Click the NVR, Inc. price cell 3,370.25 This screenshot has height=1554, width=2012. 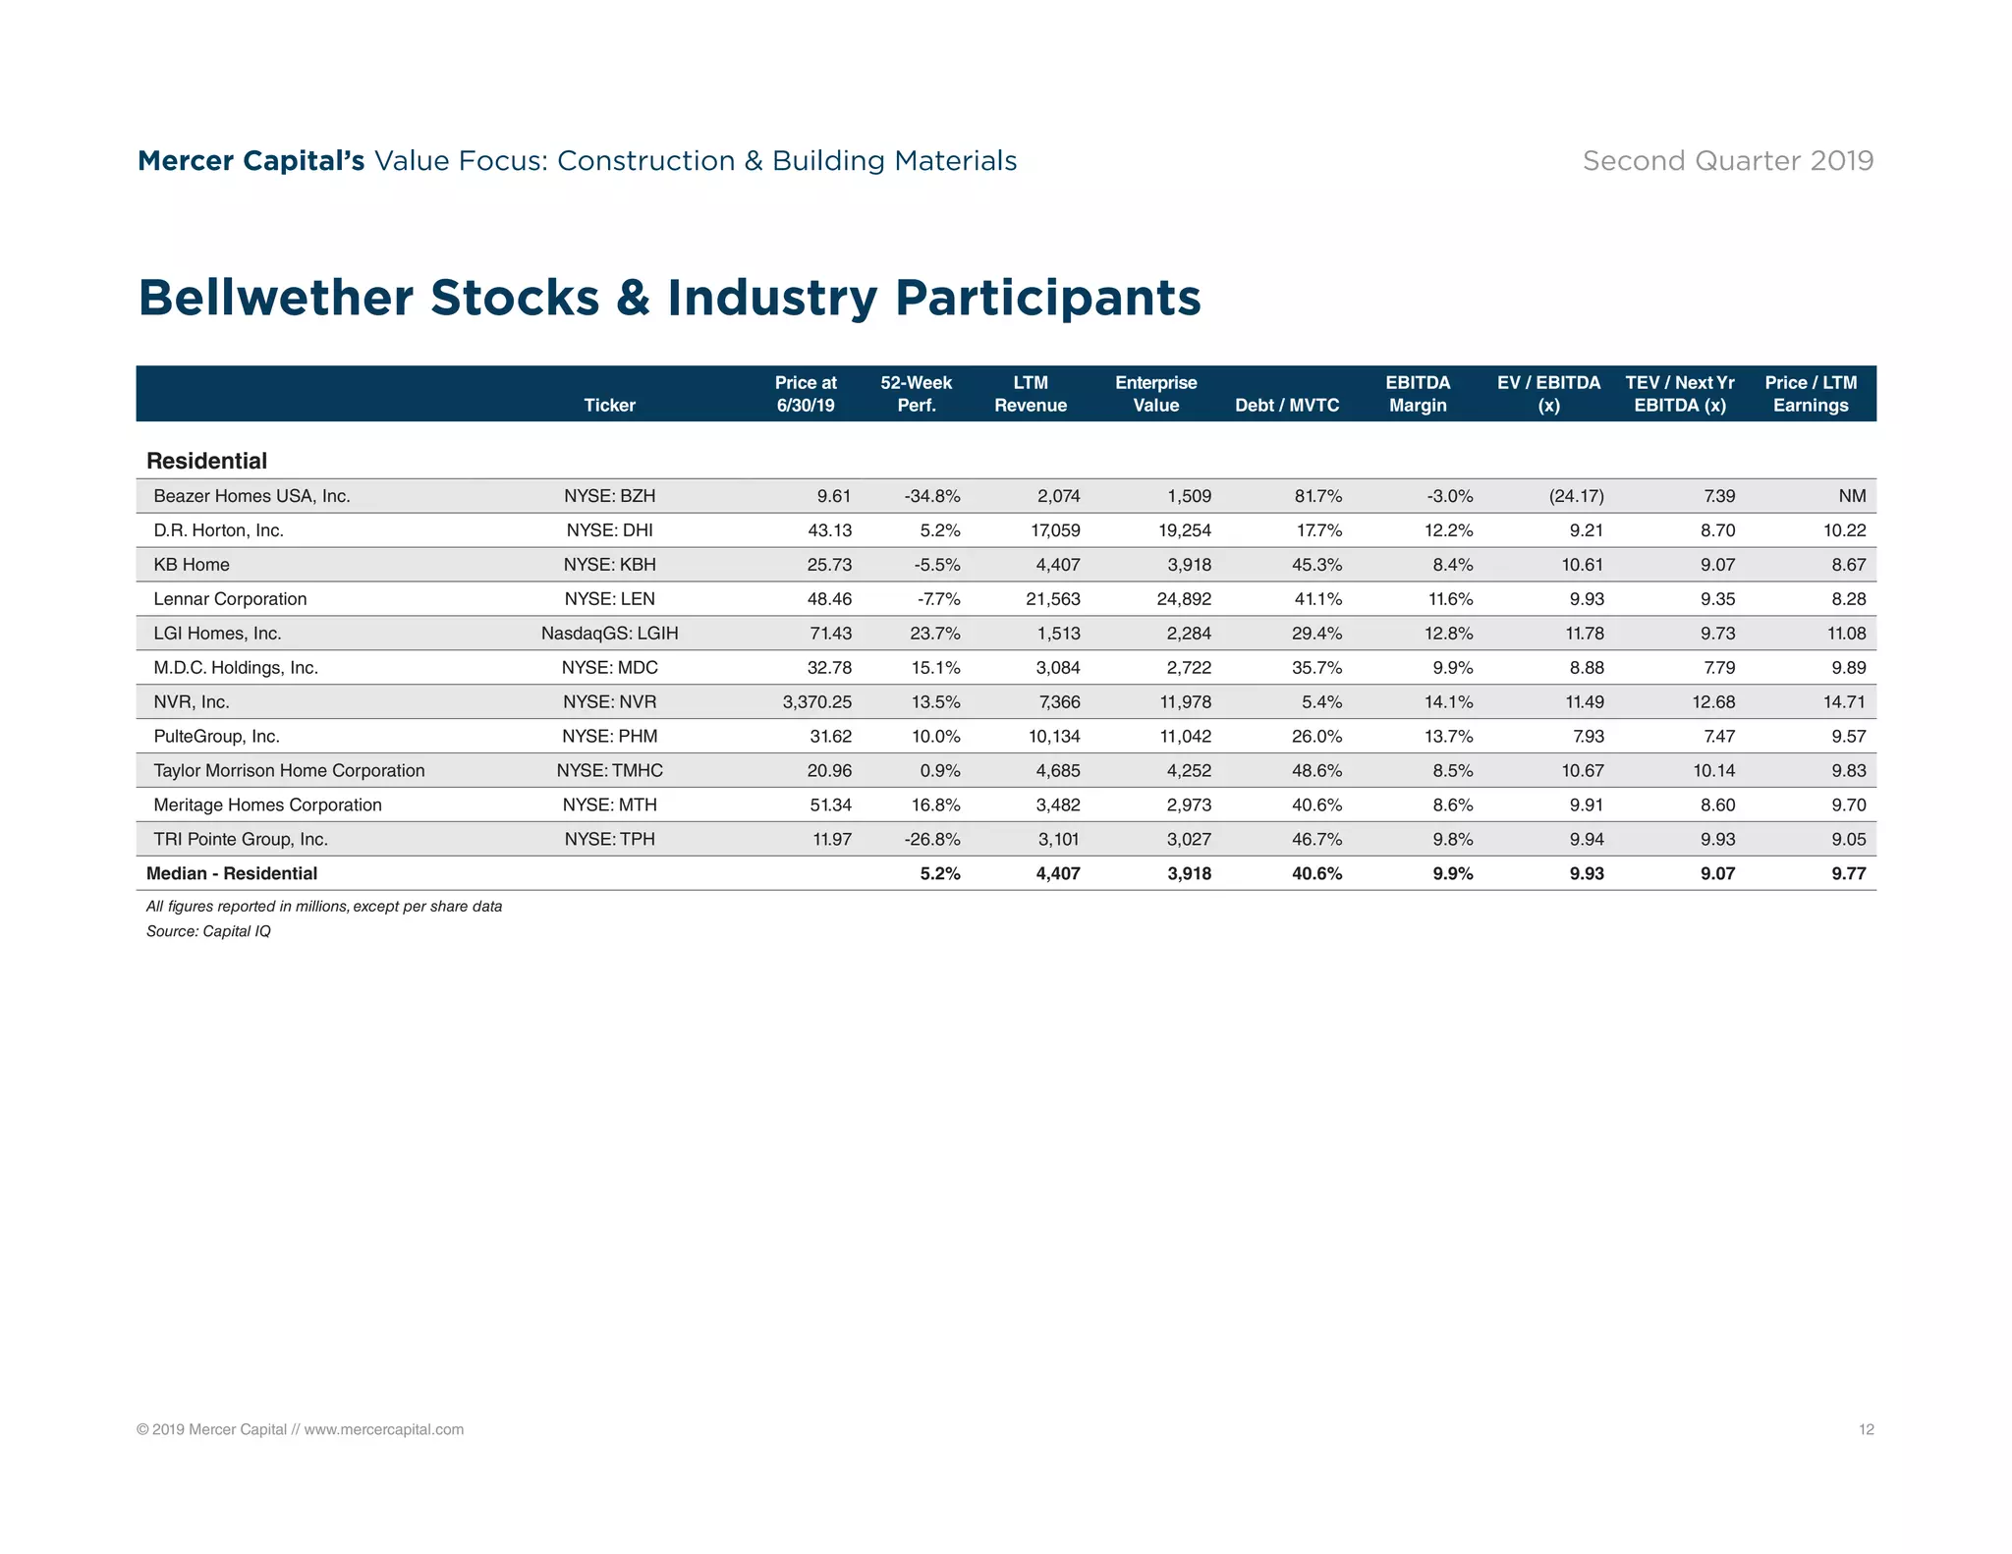[816, 702]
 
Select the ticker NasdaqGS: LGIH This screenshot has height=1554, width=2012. [609, 634]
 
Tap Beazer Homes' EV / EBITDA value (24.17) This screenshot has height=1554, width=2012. [1576, 496]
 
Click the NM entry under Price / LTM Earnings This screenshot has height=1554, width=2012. [1851, 496]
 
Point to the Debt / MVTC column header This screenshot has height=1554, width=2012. [1286, 406]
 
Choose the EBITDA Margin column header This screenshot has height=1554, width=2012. [1418, 394]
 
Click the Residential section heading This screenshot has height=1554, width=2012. [206, 461]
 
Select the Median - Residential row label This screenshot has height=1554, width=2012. [232, 873]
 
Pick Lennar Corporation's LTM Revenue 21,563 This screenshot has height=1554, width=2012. [1052, 599]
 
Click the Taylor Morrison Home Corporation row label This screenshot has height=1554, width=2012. [289, 771]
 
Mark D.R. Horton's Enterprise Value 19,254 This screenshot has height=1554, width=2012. [1184, 530]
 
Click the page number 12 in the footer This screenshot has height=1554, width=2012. [1866, 1429]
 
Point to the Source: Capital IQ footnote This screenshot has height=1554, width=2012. [208, 931]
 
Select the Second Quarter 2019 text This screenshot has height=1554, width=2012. [1727, 161]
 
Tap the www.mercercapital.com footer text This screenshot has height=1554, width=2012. [383, 1429]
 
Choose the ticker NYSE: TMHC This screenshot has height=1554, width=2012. [609, 771]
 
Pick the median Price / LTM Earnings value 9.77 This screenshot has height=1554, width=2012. [1848, 873]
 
